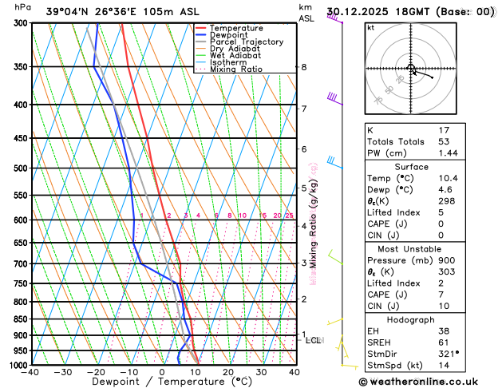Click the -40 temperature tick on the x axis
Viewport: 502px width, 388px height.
[x=31, y=372]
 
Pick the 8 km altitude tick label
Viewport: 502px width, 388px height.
[x=304, y=67]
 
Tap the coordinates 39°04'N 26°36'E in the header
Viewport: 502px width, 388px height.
[x=80, y=11]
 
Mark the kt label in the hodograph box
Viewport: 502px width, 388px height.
[x=370, y=27]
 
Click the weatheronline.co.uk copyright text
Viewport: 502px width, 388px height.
[x=429, y=382]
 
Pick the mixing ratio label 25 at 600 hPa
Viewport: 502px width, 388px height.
[x=289, y=216]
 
